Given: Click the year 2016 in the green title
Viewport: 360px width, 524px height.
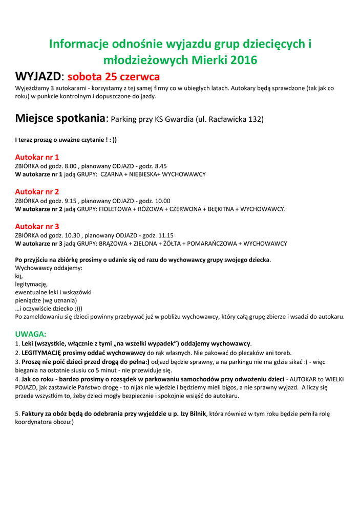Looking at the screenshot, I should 243,60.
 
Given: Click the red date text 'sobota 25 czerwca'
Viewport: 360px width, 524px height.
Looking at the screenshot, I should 114,77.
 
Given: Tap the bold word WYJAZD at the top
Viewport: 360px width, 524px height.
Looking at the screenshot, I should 38,77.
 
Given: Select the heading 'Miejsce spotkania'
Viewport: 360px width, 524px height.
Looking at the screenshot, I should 60,119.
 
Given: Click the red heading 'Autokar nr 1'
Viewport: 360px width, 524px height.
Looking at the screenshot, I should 37,157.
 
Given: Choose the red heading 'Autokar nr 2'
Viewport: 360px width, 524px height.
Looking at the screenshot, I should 37,192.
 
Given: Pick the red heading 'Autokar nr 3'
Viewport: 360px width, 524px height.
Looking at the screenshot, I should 37,226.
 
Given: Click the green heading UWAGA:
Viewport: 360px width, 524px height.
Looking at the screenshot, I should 31,334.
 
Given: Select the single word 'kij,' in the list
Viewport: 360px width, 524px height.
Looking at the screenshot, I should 19,276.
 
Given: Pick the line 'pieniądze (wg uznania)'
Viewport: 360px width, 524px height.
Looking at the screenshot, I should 46,300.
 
